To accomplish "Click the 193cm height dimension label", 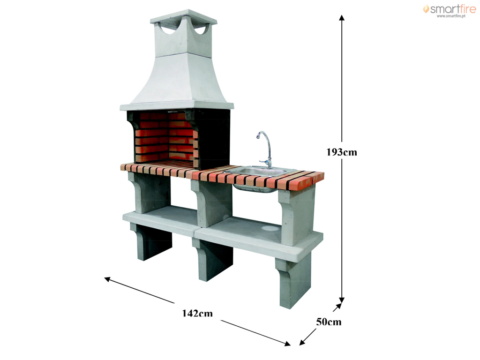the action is pos(342,152).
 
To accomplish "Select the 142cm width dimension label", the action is pos(197,313).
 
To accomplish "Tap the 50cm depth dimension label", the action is pos(329,322).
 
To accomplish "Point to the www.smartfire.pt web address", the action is pos(451,16).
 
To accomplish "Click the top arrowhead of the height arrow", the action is pos(342,17).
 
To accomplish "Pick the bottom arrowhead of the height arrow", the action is pos(342,300).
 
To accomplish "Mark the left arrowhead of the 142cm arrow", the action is pos(107,279).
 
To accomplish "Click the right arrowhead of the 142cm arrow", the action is pos(287,344).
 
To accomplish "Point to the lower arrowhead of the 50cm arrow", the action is pos(302,342).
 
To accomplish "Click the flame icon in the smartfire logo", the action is pos(426,8).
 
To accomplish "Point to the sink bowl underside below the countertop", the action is pos(254,188).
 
